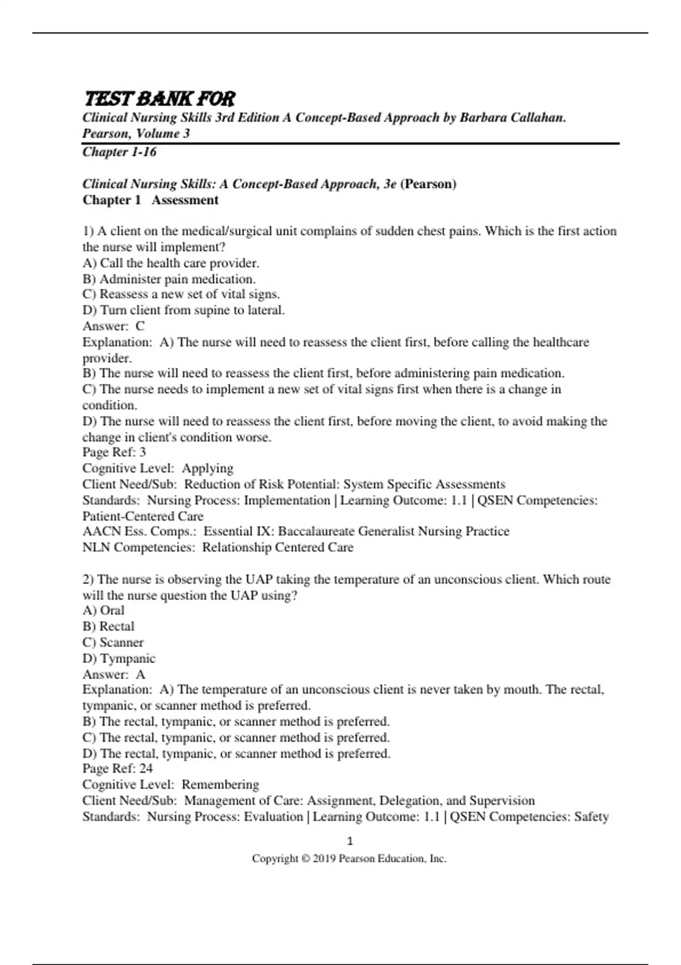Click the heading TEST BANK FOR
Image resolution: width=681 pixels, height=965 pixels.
159,99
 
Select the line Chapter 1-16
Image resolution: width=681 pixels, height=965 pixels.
119,152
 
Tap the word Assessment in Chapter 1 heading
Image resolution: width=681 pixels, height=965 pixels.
185,200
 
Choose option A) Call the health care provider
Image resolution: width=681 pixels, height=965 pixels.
171,263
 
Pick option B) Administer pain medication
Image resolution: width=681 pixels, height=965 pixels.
169,279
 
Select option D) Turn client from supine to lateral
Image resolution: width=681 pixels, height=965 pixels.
183,310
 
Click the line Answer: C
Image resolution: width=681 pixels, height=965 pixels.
113,326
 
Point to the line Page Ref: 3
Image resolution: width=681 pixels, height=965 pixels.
114,452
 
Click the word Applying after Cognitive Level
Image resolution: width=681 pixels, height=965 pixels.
207,468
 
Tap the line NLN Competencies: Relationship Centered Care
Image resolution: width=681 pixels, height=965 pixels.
218,547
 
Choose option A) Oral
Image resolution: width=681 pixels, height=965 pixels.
103,610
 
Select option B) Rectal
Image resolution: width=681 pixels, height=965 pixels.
108,626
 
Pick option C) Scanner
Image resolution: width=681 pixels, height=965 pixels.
113,642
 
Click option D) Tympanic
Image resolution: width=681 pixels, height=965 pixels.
119,658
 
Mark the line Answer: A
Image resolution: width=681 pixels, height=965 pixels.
113,674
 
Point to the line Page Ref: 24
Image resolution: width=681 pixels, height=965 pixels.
117,768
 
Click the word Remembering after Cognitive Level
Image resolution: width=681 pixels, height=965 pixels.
220,784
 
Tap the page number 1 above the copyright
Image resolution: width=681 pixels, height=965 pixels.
350,841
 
